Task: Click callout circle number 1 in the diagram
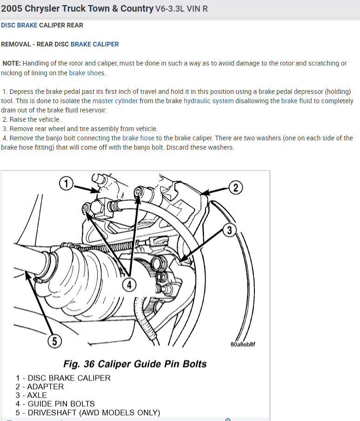click(x=67, y=184)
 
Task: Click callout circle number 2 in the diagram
click(x=235, y=188)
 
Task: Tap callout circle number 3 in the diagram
click(x=229, y=230)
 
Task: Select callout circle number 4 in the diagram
click(x=129, y=285)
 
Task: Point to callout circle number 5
click(x=54, y=342)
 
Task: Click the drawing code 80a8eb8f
click(x=243, y=345)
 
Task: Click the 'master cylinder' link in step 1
click(x=115, y=101)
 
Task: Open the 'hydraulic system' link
click(x=209, y=101)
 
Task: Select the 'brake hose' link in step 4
click(x=138, y=138)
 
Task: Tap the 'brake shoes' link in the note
click(x=87, y=73)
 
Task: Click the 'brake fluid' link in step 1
click(x=297, y=101)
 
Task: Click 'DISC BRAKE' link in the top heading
click(x=19, y=25)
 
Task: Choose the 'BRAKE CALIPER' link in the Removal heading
click(x=95, y=44)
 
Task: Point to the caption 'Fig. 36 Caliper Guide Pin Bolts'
click(x=135, y=363)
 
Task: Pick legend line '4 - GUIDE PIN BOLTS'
click(x=55, y=404)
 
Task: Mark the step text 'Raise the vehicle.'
click(x=35, y=119)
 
